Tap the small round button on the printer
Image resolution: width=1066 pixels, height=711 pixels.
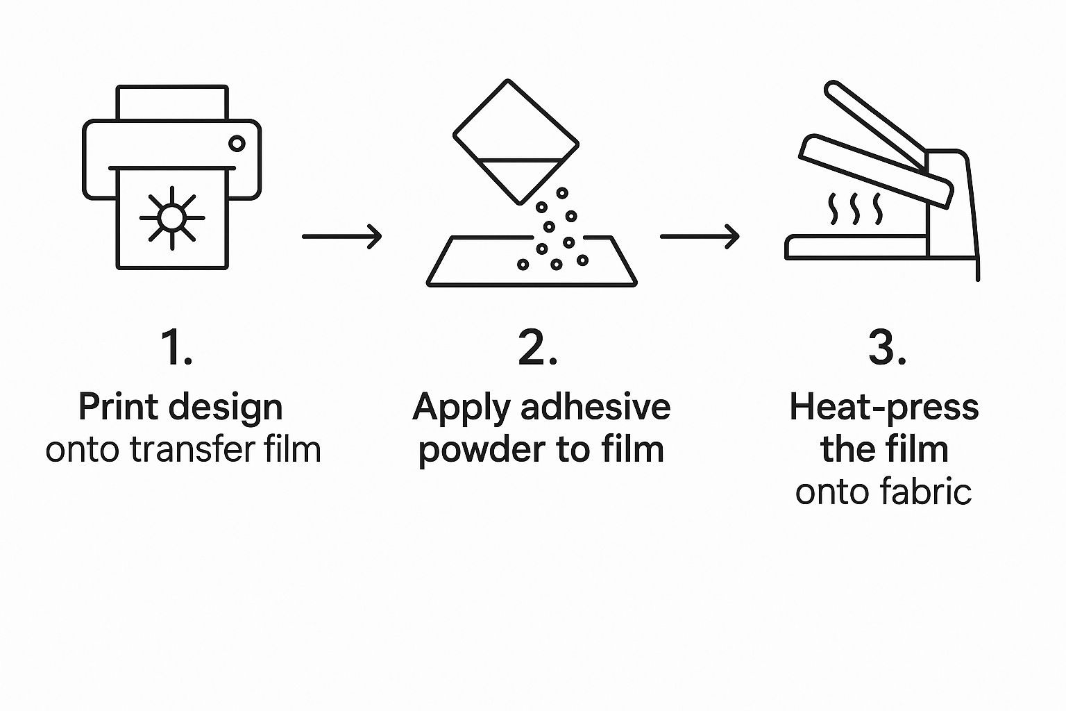(237, 144)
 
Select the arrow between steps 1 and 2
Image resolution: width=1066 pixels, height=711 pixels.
(341, 236)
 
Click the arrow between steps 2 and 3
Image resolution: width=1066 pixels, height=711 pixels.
(700, 236)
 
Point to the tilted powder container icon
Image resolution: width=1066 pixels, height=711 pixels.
(515, 142)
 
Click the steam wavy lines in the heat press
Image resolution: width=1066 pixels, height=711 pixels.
(856, 209)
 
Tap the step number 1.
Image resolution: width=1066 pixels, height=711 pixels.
(176, 347)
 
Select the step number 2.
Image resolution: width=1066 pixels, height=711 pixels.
(537, 347)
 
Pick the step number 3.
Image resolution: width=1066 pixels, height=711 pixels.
(886, 347)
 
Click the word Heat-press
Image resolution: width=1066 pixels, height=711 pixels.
(883, 408)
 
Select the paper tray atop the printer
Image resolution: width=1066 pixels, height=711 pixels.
(172, 103)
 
